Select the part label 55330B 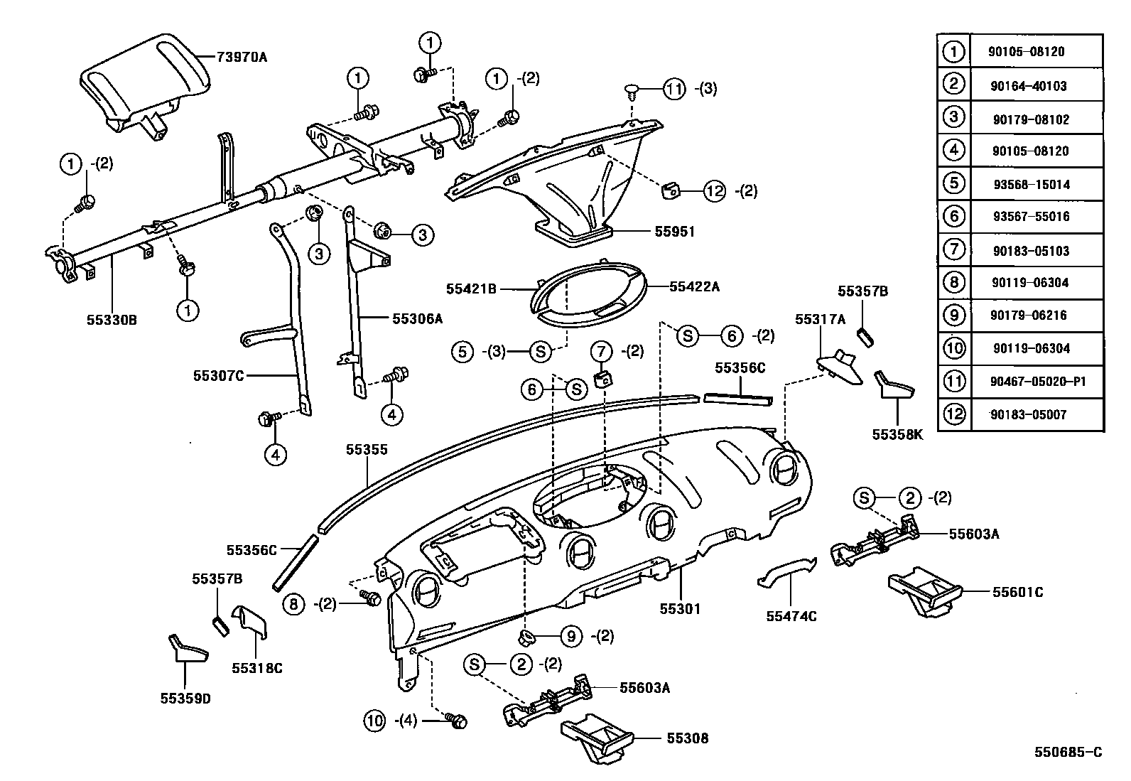pos(112,320)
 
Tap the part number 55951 pos(675,232)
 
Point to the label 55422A pos(694,287)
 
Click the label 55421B pos(471,289)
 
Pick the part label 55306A pos(417,319)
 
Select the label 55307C pos(218,375)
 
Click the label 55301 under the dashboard pos(680,608)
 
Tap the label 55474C pos(791,616)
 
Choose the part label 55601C pos(1017,592)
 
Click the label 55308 pos(687,738)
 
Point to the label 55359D pos(185,698)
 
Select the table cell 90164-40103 pos(1028,85)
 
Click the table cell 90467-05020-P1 pos(1037,382)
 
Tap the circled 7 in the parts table pos(953,249)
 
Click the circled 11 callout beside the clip pos(675,89)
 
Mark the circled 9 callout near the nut pos(571,637)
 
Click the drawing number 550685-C pos(1068,752)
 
